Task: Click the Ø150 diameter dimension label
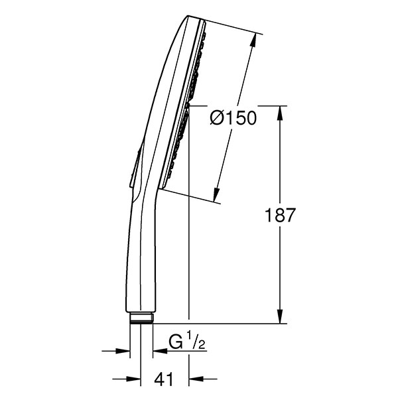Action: coord(233,118)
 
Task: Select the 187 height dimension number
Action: coord(280,215)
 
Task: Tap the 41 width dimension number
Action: coord(164,379)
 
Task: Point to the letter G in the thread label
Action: coord(176,343)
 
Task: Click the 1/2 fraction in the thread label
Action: coord(196,341)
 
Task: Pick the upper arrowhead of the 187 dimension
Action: coord(280,113)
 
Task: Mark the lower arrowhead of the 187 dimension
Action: coord(280,316)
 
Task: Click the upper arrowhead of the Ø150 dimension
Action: coord(253,40)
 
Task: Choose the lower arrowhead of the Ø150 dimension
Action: coord(216,194)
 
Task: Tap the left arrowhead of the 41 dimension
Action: coord(134,379)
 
